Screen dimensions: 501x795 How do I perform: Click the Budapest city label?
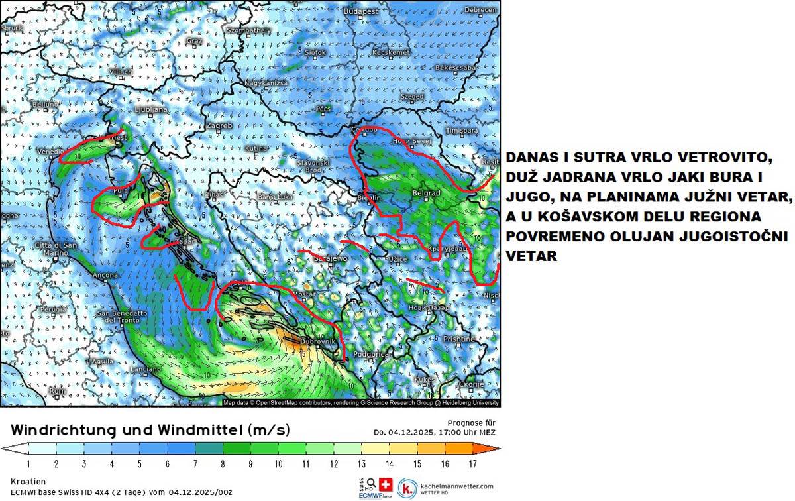point(360,11)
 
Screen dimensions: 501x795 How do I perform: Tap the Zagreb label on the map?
point(219,125)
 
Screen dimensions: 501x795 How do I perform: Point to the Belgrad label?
point(426,193)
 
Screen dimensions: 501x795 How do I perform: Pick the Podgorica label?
point(372,355)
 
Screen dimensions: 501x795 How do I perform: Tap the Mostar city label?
point(303,293)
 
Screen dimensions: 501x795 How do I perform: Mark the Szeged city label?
point(412,97)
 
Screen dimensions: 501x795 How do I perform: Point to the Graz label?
point(194,41)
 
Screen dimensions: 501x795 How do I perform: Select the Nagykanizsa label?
point(266,83)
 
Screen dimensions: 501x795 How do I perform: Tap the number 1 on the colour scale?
point(28,463)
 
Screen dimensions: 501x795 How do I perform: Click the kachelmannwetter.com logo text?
point(456,486)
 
